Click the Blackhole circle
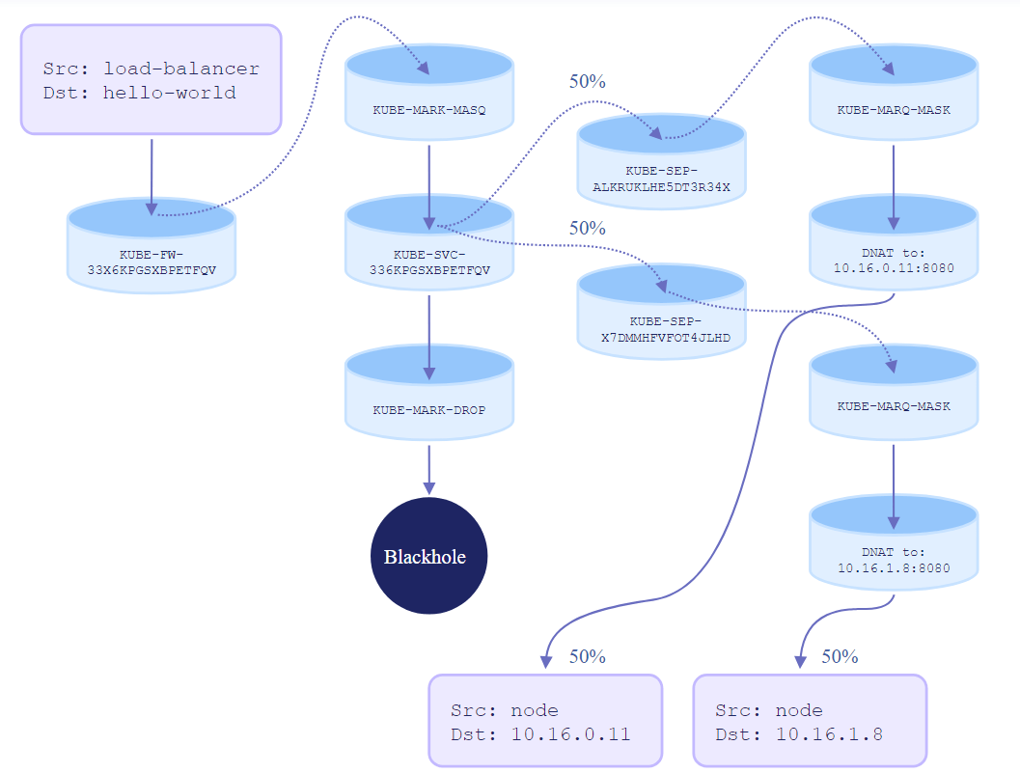click(x=429, y=556)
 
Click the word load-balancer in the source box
click(x=181, y=69)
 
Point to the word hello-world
click(x=170, y=93)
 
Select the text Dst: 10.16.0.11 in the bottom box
click(x=540, y=734)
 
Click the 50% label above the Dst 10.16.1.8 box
click(x=840, y=656)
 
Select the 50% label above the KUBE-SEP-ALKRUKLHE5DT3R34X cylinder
click(x=588, y=82)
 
